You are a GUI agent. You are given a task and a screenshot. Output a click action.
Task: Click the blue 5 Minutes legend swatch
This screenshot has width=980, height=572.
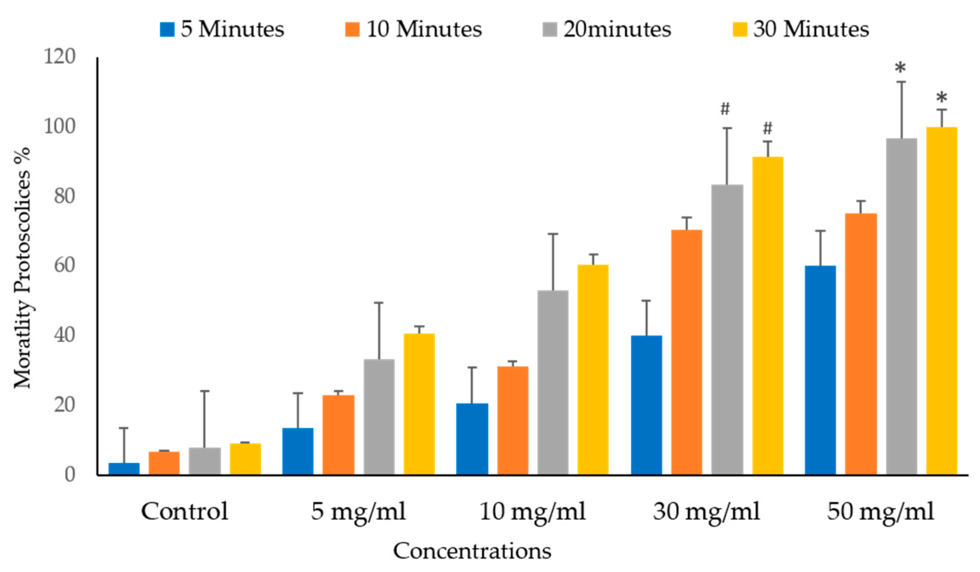(x=167, y=30)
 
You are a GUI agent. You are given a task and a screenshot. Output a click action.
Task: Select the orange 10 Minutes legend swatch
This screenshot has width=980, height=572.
(x=352, y=30)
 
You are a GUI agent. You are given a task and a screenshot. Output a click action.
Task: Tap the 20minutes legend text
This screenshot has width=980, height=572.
(x=617, y=30)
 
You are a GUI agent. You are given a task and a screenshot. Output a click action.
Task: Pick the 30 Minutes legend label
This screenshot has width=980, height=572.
(x=811, y=30)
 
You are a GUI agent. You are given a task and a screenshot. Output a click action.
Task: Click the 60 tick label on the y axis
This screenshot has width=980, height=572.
(x=64, y=266)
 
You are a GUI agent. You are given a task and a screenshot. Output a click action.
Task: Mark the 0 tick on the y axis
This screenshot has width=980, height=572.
(x=70, y=474)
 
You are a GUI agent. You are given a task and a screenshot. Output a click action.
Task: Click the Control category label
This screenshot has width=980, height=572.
(x=184, y=511)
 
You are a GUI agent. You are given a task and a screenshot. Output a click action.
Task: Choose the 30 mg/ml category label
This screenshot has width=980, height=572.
(x=706, y=511)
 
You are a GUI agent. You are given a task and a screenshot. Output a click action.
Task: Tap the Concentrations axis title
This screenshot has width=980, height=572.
(x=472, y=551)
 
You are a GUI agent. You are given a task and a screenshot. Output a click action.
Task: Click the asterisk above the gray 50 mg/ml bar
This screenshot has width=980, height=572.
(x=900, y=68)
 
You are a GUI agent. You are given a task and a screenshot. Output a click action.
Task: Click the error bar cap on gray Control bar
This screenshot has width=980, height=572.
(x=204, y=391)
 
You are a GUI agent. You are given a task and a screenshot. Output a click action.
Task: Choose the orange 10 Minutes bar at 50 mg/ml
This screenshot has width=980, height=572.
(x=861, y=343)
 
